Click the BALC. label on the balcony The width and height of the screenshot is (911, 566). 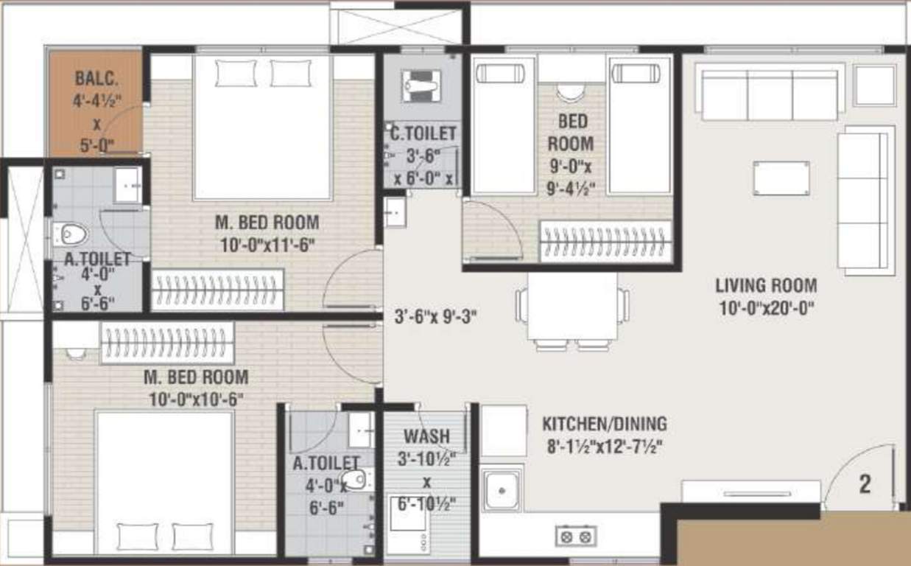(x=96, y=78)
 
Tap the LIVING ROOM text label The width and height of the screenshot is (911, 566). (x=766, y=284)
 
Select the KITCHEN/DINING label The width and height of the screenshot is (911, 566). (x=605, y=424)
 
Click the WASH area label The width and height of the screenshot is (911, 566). (x=426, y=436)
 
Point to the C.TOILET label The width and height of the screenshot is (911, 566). (x=423, y=133)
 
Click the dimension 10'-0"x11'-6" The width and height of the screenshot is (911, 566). (x=267, y=245)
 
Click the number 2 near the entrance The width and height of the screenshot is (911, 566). (x=865, y=484)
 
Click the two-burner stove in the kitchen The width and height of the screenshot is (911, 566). (x=575, y=535)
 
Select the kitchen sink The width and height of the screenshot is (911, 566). (x=502, y=489)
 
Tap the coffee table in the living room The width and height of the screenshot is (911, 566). (x=781, y=178)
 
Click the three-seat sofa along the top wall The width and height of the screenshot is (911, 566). (x=770, y=94)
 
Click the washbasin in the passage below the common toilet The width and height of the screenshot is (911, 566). (x=395, y=212)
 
